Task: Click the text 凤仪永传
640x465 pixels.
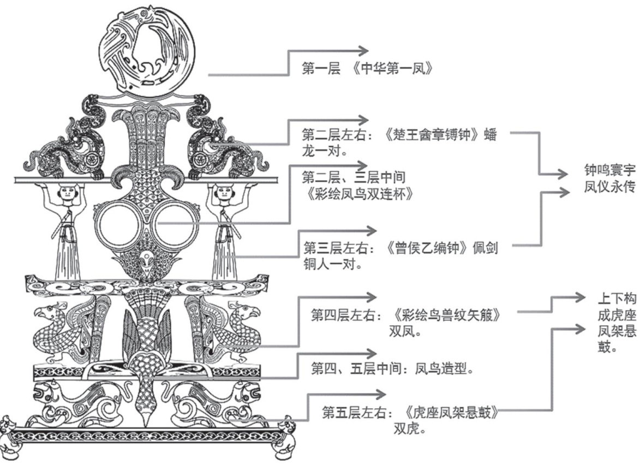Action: click(608, 187)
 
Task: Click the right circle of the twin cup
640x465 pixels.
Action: click(175, 224)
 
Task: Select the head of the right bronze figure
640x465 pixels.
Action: click(224, 192)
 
